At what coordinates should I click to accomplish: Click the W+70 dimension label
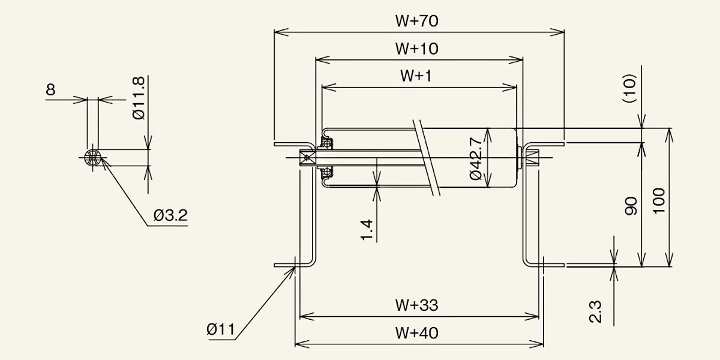(416, 21)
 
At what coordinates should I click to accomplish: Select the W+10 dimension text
(416, 49)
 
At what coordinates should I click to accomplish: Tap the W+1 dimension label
(416, 76)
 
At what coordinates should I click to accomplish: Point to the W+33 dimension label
(416, 305)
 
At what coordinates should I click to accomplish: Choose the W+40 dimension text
(416, 333)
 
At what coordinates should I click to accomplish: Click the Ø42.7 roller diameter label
(476, 158)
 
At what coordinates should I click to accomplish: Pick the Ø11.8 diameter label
(139, 98)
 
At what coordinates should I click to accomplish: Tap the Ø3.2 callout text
(170, 215)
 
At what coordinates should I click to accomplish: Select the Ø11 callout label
(221, 329)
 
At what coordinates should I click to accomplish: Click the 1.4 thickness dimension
(367, 230)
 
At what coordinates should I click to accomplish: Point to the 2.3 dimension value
(595, 311)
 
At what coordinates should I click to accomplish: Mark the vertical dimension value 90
(631, 206)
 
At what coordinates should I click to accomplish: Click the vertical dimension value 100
(659, 201)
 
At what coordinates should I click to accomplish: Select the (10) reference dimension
(629, 88)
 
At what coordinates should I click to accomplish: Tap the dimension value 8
(51, 89)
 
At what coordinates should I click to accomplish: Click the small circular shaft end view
(92, 157)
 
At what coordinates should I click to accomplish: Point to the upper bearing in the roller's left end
(327, 142)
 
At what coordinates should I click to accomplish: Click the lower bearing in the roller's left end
(327, 173)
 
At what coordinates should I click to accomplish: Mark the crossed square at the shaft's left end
(307, 158)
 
